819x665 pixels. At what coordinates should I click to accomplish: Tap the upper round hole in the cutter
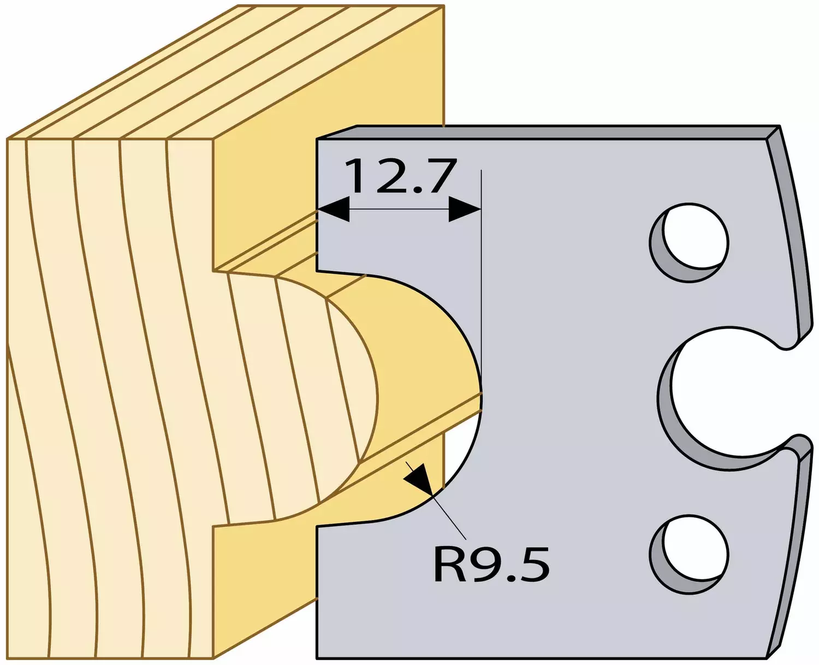pyautogui.click(x=689, y=243)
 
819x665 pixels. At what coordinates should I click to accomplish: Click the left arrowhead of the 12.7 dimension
pyautogui.click(x=333, y=210)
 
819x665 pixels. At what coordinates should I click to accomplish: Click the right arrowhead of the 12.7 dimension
pyautogui.click(x=465, y=210)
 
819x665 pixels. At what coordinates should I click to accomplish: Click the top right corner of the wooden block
pyautogui.click(x=444, y=6)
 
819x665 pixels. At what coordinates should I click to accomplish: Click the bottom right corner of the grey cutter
pyautogui.click(x=767, y=657)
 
